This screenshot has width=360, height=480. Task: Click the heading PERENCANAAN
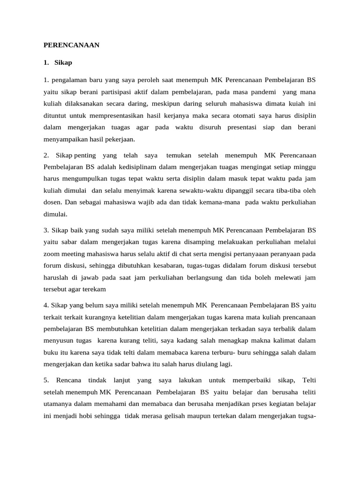coord(72,45)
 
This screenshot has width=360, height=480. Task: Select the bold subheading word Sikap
coord(63,62)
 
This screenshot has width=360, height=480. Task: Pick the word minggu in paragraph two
coord(304,166)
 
